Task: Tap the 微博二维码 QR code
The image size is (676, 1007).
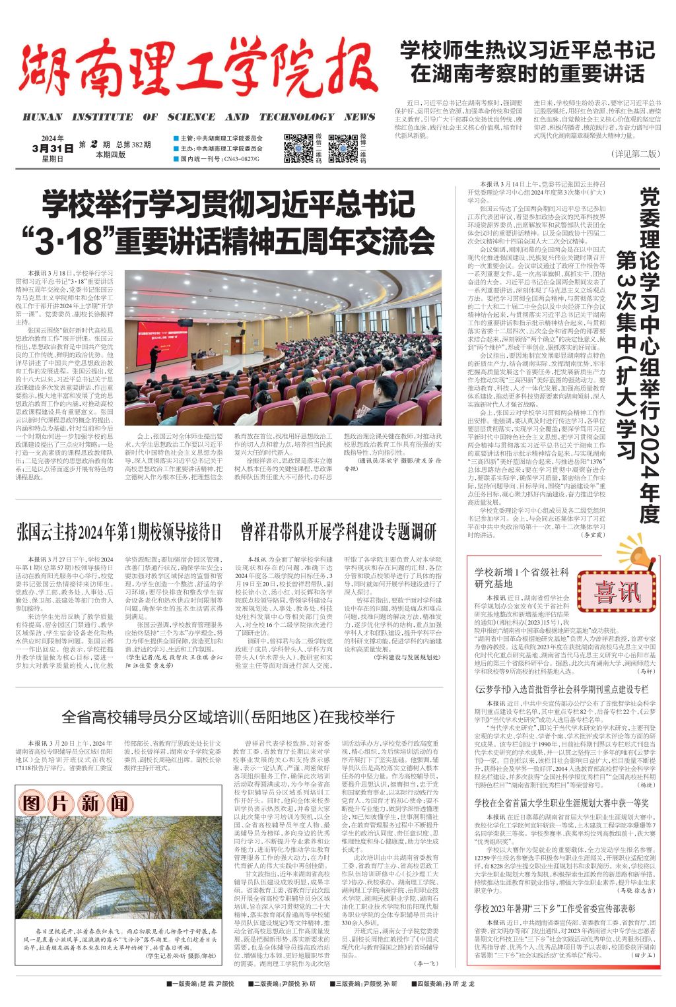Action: coord(343,148)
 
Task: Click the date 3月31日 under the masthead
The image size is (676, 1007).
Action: coord(52,148)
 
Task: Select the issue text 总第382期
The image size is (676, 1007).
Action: coord(133,145)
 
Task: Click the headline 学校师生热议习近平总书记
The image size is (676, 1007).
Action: coord(527,51)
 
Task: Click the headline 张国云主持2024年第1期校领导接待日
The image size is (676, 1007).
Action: coord(119,532)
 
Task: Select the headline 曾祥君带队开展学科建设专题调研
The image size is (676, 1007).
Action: coord(338,532)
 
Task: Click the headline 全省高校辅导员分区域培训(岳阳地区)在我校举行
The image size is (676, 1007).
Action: coord(228,717)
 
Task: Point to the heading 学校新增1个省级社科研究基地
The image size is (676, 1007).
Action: coord(522,578)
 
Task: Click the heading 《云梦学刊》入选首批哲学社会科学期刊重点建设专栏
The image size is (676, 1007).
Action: coord(561,689)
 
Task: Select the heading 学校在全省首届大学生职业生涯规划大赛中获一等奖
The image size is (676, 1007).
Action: coord(561,803)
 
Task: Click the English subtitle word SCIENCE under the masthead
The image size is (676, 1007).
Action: coord(191,117)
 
